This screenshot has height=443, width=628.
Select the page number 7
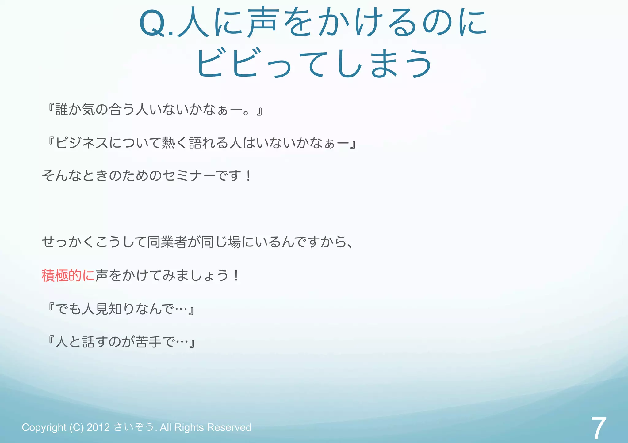598,428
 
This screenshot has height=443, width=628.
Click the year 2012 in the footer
98,427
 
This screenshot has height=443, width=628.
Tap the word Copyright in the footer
44,427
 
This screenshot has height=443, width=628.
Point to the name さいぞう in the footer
134,427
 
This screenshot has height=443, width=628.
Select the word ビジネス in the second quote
82,143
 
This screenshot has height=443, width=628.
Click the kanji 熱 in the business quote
168,143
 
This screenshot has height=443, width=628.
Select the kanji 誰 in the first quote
62,110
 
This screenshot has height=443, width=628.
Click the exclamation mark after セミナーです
248,176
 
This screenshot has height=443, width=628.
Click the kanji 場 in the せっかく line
234,242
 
